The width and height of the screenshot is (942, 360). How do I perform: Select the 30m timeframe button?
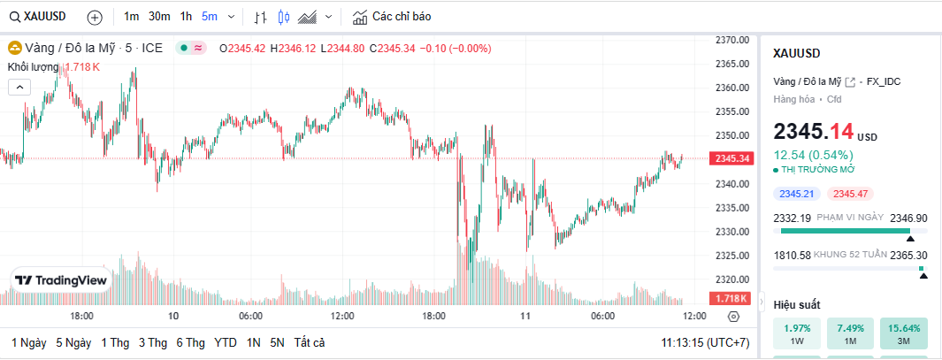[159, 17]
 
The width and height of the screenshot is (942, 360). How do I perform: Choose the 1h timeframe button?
[186, 17]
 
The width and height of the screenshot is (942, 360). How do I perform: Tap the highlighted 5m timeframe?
[210, 17]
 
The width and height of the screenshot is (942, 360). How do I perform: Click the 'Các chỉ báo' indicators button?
[392, 17]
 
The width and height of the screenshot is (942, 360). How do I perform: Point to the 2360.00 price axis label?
[733, 88]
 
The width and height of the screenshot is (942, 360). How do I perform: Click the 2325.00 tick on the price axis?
[733, 256]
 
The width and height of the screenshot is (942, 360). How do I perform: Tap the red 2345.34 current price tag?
[731, 158]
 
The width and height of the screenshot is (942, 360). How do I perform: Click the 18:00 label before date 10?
[82, 316]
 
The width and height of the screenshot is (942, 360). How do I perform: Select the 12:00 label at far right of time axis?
[694, 316]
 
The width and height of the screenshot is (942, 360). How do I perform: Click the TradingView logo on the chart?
[61, 280]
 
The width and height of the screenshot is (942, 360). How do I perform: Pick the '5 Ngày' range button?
[73, 342]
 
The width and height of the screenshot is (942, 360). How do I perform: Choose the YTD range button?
[226, 342]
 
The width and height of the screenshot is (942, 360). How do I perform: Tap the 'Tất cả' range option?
[310, 342]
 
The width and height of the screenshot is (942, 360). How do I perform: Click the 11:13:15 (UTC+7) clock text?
[705, 342]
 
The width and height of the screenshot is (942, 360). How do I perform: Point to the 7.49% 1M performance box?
[849, 333]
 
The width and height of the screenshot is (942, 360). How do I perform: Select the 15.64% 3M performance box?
[904, 333]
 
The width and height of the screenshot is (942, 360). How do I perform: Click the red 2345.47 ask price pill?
[849, 194]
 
